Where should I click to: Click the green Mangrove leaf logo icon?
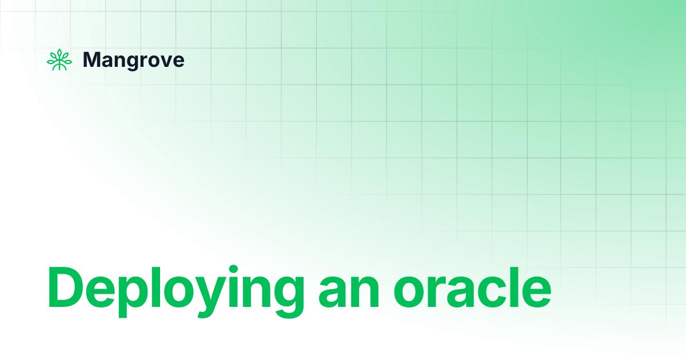pyautogui.click(x=59, y=60)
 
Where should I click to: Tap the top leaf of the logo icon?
pyautogui.click(x=59, y=53)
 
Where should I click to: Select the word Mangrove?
pyautogui.click(x=134, y=60)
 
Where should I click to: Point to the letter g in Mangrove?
pyautogui.click(x=131, y=62)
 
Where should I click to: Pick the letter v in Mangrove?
pyautogui.click(x=165, y=61)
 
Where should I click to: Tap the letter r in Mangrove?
pyautogui.click(x=142, y=61)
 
